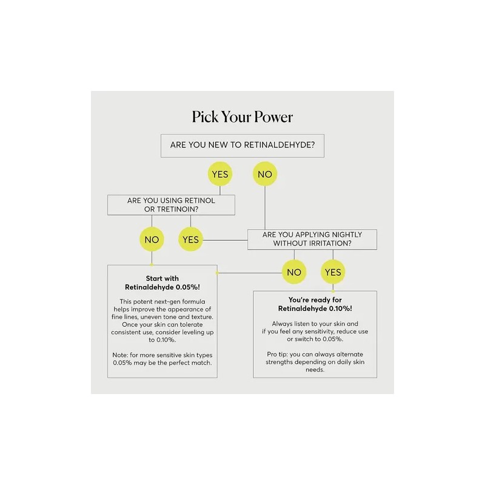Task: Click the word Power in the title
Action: click(273, 117)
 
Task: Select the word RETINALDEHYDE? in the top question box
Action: click(279, 145)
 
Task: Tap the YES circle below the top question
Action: click(220, 174)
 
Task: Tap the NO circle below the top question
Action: click(265, 174)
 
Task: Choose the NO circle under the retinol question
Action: click(152, 239)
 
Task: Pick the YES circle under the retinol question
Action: click(190, 239)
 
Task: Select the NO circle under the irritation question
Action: click(294, 272)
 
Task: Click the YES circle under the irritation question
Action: click(333, 272)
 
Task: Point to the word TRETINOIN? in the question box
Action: click(178, 209)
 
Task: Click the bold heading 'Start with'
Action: click(162, 278)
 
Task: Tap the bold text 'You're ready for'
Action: click(315, 299)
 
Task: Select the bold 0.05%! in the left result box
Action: click(188, 287)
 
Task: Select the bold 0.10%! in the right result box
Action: click(341, 309)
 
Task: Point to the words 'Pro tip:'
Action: click(277, 355)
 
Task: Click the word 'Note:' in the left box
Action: click(120, 355)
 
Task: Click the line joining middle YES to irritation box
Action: click(225, 240)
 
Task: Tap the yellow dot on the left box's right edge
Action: click(217, 273)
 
